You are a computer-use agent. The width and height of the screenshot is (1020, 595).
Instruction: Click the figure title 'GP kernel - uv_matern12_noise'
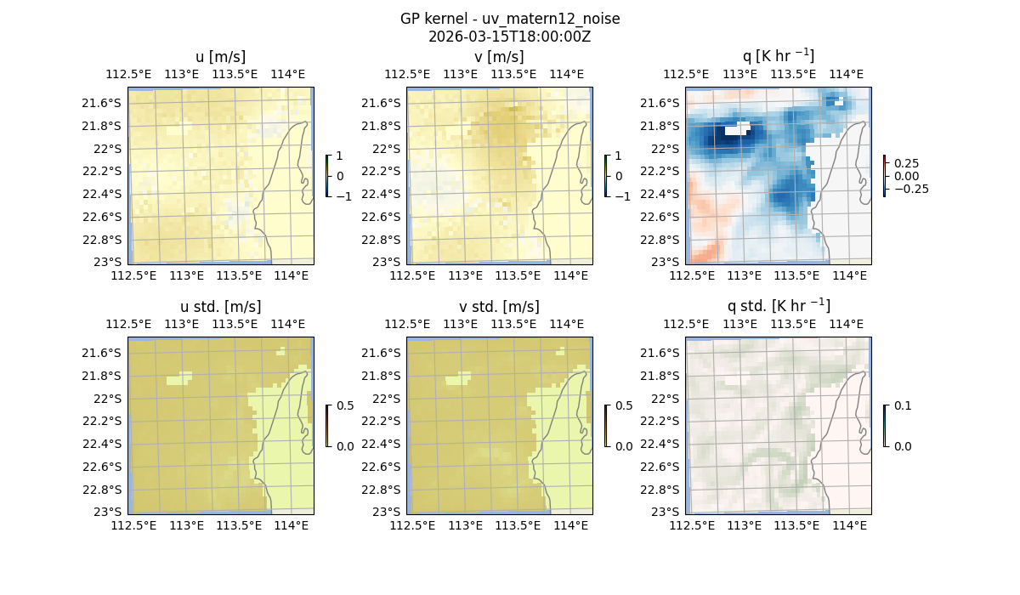pos(509,19)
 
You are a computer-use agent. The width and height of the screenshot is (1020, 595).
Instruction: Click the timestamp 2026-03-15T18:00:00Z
pos(509,37)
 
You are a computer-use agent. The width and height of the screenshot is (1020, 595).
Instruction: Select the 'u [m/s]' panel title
pos(220,57)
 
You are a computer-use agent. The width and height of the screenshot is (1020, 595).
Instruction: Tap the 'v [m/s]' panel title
pos(499,57)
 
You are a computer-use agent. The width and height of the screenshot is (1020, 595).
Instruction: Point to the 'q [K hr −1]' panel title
pos(778,56)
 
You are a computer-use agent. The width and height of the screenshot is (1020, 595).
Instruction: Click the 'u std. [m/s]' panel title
pos(220,307)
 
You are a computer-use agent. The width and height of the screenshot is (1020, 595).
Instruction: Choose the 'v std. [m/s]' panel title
pos(499,307)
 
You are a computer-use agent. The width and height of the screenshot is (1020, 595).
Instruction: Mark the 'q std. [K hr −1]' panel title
pos(778,306)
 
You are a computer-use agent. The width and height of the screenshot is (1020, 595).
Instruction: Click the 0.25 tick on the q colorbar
pos(906,163)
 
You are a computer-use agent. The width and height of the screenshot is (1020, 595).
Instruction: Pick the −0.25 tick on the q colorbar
pos(910,189)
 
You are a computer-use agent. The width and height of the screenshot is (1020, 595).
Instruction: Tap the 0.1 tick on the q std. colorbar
pos(901,406)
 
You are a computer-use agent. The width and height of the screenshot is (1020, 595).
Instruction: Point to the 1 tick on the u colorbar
pos(341,156)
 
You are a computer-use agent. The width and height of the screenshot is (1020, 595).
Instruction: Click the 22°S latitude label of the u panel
pos(108,149)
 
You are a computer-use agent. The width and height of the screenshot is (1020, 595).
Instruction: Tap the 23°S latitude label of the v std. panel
pos(387,512)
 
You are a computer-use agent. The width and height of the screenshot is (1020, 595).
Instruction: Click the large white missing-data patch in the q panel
pos(737,130)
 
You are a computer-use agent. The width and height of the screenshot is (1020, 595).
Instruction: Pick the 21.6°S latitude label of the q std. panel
pos(663,353)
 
